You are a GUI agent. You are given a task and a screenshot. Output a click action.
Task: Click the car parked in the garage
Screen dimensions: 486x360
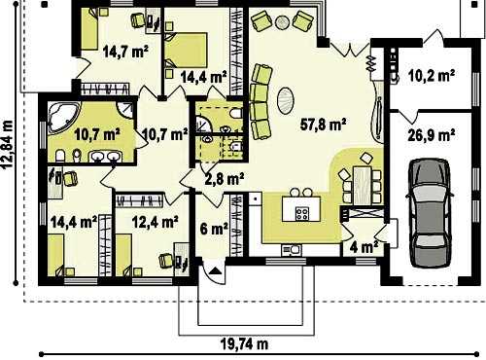click(x=430, y=213)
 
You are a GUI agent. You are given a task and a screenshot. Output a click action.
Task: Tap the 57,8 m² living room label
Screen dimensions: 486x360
click(x=323, y=125)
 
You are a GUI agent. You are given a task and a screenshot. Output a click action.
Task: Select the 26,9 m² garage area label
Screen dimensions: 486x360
click(x=431, y=135)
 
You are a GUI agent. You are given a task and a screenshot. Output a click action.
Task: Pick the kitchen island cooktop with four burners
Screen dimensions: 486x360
click(x=302, y=213)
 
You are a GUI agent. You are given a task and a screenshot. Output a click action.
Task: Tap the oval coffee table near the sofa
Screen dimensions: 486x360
click(x=286, y=100)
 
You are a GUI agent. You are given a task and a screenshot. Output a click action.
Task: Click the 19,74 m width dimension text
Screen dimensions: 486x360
click(x=244, y=343)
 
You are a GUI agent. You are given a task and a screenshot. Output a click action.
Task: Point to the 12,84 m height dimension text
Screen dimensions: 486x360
click(x=8, y=144)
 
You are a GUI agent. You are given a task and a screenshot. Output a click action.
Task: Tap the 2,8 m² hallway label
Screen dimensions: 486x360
click(x=225, y=178)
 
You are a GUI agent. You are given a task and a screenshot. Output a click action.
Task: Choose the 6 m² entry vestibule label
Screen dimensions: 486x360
click(x=214, y=229)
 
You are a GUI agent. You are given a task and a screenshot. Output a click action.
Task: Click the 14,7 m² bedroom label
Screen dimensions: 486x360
click(x=125, y=52)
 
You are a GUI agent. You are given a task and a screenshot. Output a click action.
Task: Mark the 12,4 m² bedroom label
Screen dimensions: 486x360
click(x=156, y=222)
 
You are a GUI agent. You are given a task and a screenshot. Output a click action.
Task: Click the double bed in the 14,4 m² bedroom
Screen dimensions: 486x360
click(x=186, y=50)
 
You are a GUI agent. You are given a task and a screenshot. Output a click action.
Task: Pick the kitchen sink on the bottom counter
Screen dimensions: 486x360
click(x=292, y=249)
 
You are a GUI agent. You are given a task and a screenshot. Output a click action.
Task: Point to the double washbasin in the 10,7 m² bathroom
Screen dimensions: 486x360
click(x=105, y=157)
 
